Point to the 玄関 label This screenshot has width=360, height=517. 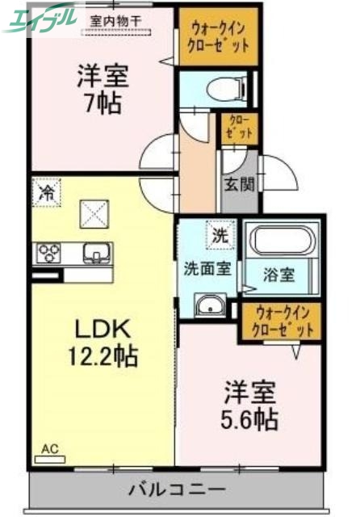[239, 184]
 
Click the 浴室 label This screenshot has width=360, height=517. [278, 274]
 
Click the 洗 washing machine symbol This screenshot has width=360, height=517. [219, 236]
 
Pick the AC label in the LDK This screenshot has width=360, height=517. [50, 447]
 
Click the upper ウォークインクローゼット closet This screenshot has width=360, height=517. [218, 37]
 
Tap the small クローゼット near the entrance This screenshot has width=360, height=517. [239, 128]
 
